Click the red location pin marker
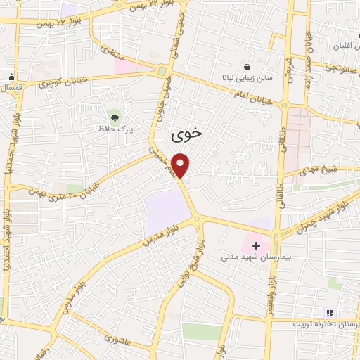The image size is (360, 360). tap(181, 164)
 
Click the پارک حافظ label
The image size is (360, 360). tap(115, 130)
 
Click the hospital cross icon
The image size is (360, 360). tap(256, 246)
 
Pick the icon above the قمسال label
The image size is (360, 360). tap(11, 77)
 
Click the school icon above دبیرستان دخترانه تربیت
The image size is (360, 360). tap(328, 312)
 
